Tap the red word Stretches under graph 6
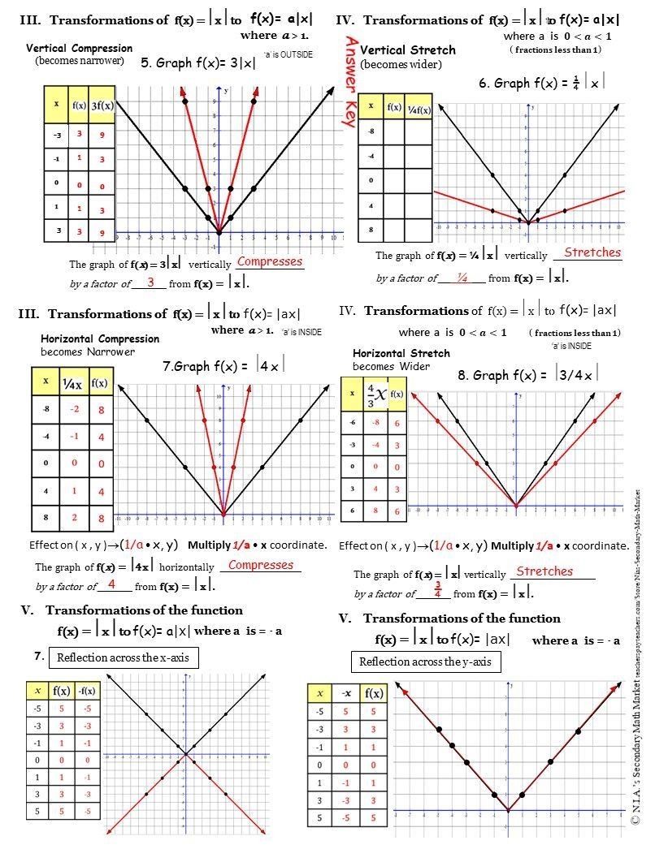pyautogui.click(x=592, y=252)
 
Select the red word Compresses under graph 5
pyautogui.click(x=269, y=262)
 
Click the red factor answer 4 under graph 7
pyautogui.click(x=111, y=584)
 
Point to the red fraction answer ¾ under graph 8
pyautogui.click(x=438, y=589)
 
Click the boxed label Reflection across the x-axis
pyautogui.click(x=124, y=657)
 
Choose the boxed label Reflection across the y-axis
pyautogui.click(x=425, y=662)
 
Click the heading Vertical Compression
pyautogui.click(x=80, y=49)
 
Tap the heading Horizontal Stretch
pyautogui.click(x=401, y=354)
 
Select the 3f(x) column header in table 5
pyautogui.click(x=102, y=105)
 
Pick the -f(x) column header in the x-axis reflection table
pyautogui.click(x=86, y=692)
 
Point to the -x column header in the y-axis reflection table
pyautogui.click(x=345, y=693)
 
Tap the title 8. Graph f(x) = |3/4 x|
pyautogui.click(x=527, y=375)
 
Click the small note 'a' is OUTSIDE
pyautogui.click(x=288, y=54)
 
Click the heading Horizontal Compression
pyautogui.click(x=99, y=338)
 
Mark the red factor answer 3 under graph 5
pyautogui.click(x=150, y=282)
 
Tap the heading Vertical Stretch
pyautogui.click(x=407, y=50)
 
